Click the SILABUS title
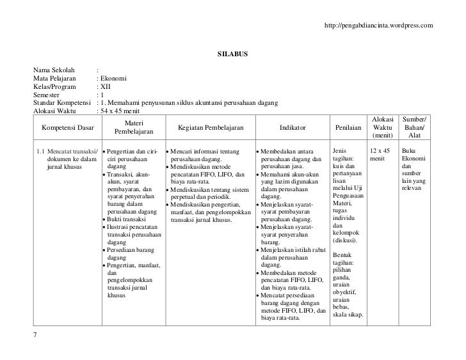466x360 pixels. coord(232,52)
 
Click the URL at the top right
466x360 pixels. coord(379,25)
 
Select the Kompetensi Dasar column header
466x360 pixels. coord(67,127)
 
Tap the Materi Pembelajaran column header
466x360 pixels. coord(134,127)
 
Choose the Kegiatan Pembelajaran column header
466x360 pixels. coord(210,127)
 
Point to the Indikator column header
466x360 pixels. coord(292,127)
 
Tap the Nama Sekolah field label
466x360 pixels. coord(54,70)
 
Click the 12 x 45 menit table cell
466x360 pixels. coord(380,155)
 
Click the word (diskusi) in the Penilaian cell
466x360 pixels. coord(346,240)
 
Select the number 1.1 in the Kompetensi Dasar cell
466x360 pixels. coord(42,151)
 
